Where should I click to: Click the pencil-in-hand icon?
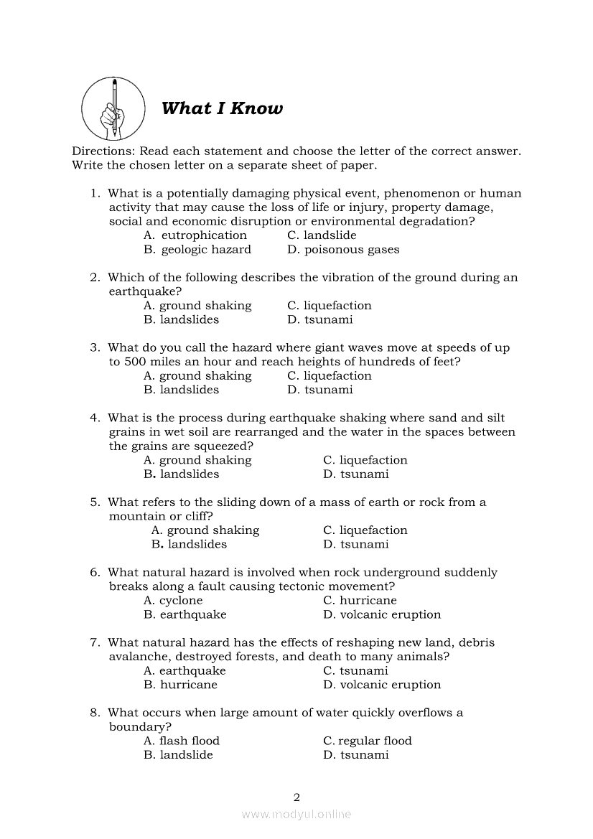click(113, 109)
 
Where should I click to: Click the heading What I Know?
click(222, 108)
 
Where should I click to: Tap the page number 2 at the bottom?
click(296, 797)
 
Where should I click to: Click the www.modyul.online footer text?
click(296, 814)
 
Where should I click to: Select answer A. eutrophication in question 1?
click(195, 235)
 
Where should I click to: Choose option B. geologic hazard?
click(197, 250)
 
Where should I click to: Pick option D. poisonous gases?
click(343, 250)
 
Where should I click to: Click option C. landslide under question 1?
click(322, 235)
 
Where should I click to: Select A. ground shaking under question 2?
click(197, 306)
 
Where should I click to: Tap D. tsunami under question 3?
click(320, 390)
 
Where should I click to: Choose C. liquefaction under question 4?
click(365, 460)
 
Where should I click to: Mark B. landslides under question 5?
click(189, 544)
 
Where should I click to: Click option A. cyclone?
click(173, 601)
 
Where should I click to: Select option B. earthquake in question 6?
click(185, 614)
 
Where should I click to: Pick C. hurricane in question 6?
click(360, 601)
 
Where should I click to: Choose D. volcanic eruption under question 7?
click(382, 685)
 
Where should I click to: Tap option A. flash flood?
click(182, 741)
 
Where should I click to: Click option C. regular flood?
click(368, 741)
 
